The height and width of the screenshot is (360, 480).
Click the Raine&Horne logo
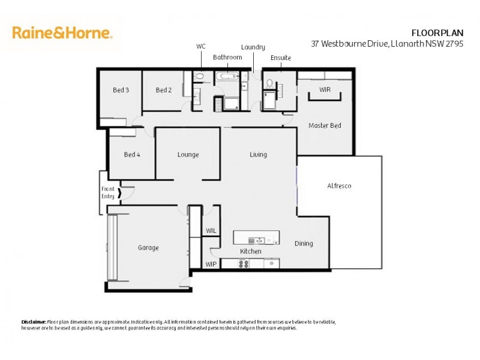pyautogui.click(x=62, y=32)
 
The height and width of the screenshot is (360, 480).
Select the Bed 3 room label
pyautogui.click(x=121, y=90)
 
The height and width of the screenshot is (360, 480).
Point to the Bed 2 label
pyautogui.click(x=164, y=90)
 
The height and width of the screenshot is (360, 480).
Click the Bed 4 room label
pyautogui.click(x=132, y=155)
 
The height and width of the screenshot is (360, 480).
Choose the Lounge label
pyautogui.click(x=188, y=155)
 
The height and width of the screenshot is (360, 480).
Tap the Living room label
pyautogui.click(x=259, y=155)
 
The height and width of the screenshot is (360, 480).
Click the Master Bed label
pyautogui.click(x=325, y=125)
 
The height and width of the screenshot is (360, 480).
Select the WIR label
pyautogui.click(x=325, y=89)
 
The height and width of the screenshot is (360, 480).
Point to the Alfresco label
pyautogui.click(x=339, y=186)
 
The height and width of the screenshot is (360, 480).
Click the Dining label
pyautogui.click(x=304, y=244)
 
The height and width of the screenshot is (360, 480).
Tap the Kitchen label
pyautogui.click(x=251, y=251)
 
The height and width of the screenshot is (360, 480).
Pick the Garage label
pyautogui.click(x=148, y=247)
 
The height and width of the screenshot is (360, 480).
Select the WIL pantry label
pyautogui.click(x=211, y=230)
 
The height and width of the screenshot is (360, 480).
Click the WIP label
pyautogui.click(x=211, y=264)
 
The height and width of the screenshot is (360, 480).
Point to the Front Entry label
pyautogui.click(x=108, y=193)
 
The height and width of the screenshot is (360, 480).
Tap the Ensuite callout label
pyautogui.click(x=280, y=58)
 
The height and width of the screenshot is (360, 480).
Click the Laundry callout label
pyautogui.click(x=253, y=47)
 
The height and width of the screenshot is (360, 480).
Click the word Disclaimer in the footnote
pyautogui.click(x=34, y=322)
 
